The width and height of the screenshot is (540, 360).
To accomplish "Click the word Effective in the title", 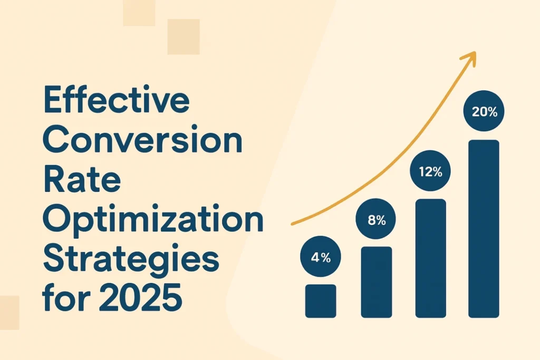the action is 117,100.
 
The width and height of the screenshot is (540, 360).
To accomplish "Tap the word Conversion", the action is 143,140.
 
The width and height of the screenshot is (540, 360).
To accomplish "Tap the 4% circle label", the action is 321,257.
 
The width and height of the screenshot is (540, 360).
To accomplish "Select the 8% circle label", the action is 375,219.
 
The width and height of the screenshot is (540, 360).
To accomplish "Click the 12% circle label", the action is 430,171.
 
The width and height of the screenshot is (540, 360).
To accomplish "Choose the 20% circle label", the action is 484,111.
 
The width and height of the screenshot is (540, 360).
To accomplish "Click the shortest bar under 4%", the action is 321,301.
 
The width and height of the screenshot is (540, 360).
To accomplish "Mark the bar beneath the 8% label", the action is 377,282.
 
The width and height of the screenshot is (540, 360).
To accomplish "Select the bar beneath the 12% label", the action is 431,258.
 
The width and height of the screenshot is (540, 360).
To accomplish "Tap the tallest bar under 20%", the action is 484,229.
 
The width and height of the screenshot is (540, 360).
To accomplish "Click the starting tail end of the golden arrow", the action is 292,224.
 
